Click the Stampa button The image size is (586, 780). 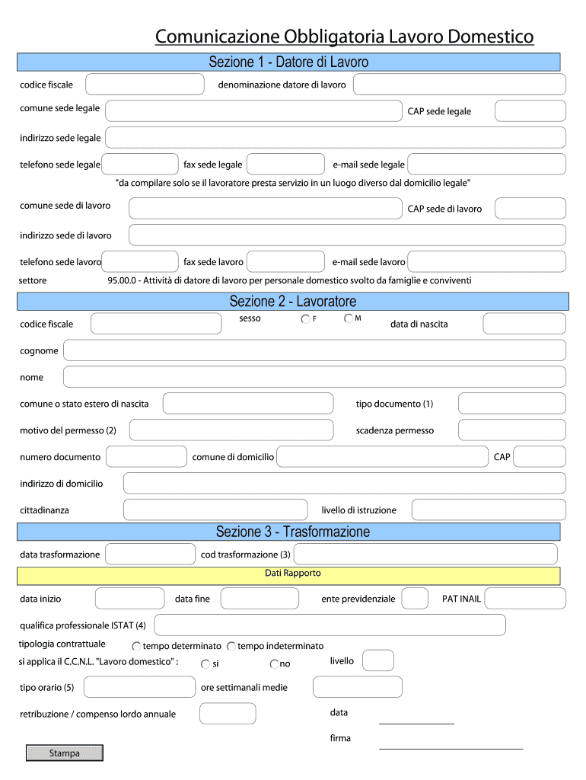click(x=65, y=753)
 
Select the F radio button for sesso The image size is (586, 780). click(x=305, y=319)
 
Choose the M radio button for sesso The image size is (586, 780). click(x=349, y=318)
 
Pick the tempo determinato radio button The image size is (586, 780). click(x=136, y=647)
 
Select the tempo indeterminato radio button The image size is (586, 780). click(x=231, y=647)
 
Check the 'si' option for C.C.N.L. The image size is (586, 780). click(x=205, y=664)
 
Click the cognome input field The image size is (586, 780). click(x=314, y=350)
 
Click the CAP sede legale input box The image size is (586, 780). click(x=530, y=111)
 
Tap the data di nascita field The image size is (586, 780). click(x=524, y=324)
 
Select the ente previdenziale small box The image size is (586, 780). click(x=415, y=599)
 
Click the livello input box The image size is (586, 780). click(x=378, y=660)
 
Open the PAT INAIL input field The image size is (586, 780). click(x=525, y=599)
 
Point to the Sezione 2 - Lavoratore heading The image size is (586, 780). click(x=293, y=302)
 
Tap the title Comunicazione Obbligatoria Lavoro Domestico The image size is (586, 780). click(x=344, y=37)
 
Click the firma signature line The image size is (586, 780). click(x=451, y=747)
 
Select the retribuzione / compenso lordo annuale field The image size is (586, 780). click(x=228, y=714)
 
